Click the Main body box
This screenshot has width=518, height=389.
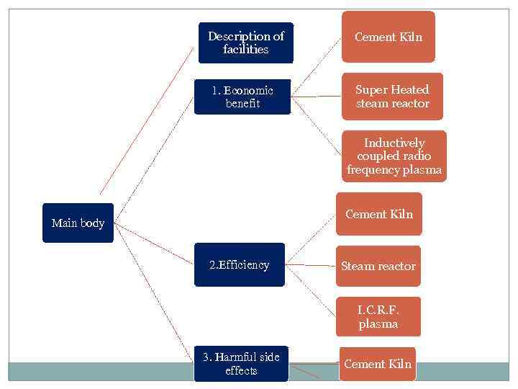pos(78,223)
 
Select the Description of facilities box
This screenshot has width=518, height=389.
pos(246,43)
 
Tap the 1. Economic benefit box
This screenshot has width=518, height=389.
pos(242,97)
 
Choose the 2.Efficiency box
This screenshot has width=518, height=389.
pos(240,265)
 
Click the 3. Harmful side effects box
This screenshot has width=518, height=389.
pos(241,364)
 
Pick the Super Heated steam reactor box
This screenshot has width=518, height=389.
pos(392,97)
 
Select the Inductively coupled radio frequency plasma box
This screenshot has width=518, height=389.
pos(394,156)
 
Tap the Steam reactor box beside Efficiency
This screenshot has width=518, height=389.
pos(378,266)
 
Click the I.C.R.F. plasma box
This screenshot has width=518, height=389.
pos(378,317)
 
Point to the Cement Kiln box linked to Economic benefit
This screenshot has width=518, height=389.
pos(388,37)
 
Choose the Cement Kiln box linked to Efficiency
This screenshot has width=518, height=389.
pos(379,214)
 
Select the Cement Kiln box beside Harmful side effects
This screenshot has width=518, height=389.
pos(378,364)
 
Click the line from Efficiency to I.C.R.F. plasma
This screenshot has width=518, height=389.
pos(312,291)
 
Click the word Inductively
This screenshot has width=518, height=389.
pos(394,143)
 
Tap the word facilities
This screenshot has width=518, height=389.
pos(246,50)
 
